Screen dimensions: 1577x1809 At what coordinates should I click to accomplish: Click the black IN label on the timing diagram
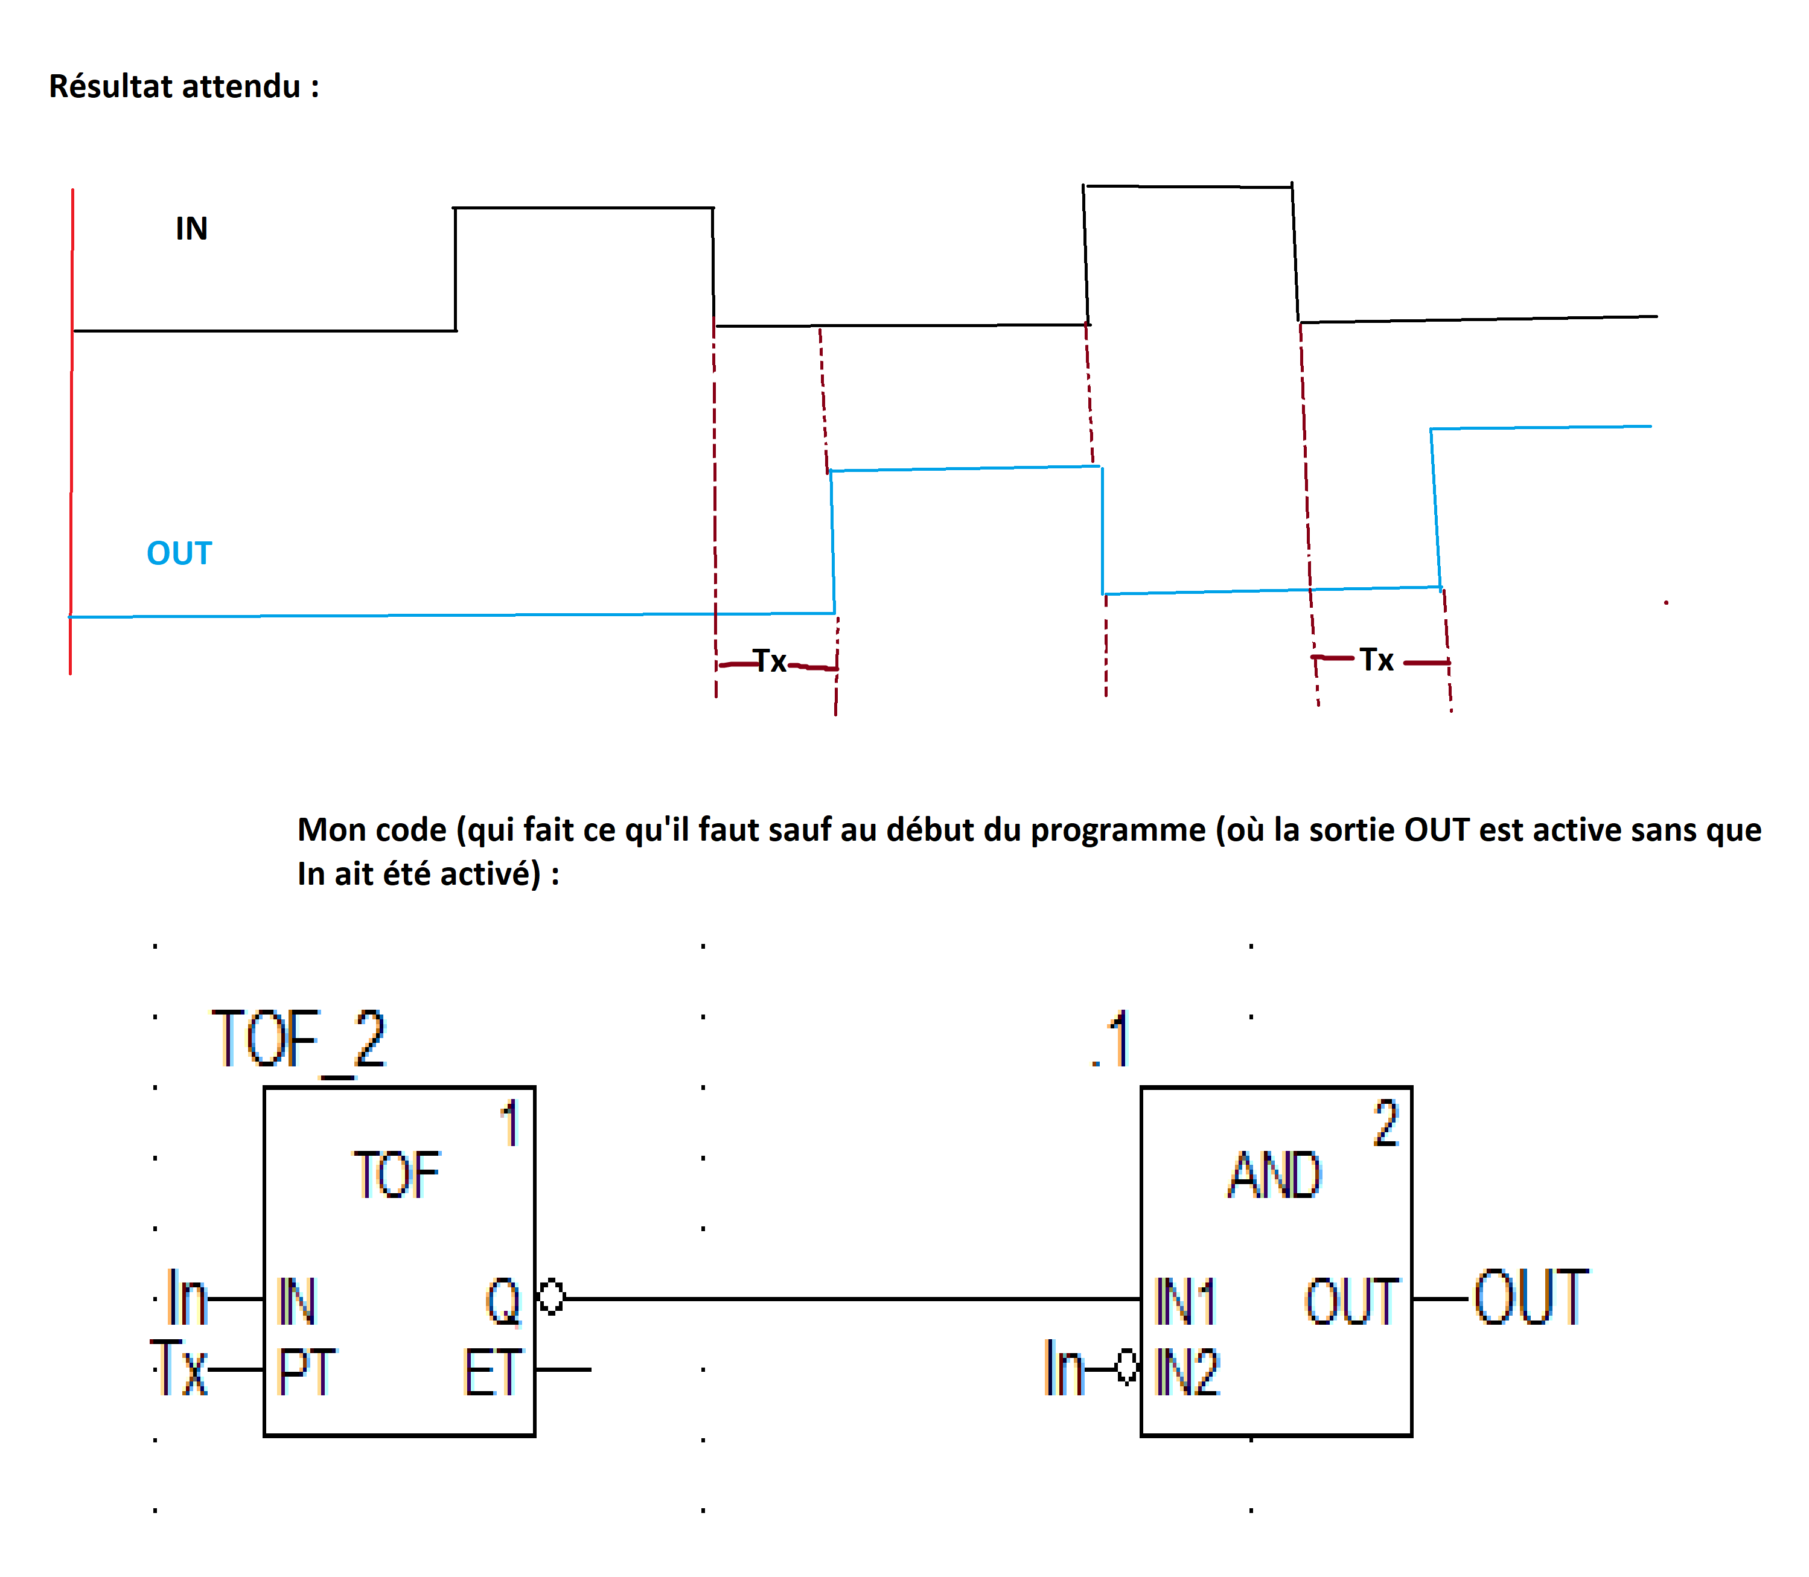click(191, 229)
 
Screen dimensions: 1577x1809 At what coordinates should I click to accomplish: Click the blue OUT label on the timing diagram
click(179, 553)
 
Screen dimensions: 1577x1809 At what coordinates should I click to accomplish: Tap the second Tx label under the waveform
click(1376, 660)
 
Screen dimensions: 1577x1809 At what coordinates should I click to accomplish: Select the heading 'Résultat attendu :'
click(183, 86)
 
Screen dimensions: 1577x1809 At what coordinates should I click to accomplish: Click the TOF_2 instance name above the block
click(298, 1040)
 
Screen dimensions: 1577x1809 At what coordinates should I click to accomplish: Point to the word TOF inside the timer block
click(396, 1176)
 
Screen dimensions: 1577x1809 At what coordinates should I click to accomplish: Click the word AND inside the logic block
click(1275, 1176)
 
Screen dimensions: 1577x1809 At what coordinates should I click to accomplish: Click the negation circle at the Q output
click(551, 1296)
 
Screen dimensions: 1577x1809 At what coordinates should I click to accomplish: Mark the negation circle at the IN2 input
click(1127, 1368)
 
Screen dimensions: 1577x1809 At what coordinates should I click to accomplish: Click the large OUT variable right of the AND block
click(1531, 1297)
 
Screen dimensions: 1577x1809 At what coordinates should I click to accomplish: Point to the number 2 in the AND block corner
click(1386, 1124)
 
